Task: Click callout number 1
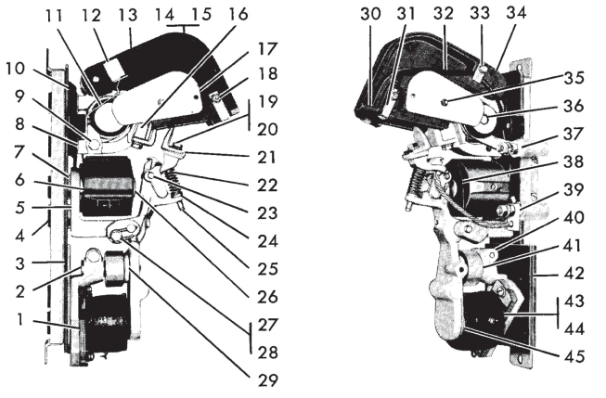(19, 320)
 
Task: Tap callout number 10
(15, 69)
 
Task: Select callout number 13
(128, 15)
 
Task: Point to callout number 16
(238, 14)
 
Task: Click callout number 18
(267, 73)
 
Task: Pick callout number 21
(267, 158)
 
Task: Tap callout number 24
(267, 241)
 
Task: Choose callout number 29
(267, 380)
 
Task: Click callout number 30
(370, 14)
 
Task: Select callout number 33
(480, 14)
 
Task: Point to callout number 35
(574, 78)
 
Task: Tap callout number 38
(574, 161)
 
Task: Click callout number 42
(574, 273)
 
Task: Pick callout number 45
(574, 356)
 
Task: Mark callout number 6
(19, 181)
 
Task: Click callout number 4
(19, 236)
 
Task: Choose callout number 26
(267, 297)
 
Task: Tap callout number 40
(574, 217)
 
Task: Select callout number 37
(574, 134)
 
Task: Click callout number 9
(19, 96)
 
